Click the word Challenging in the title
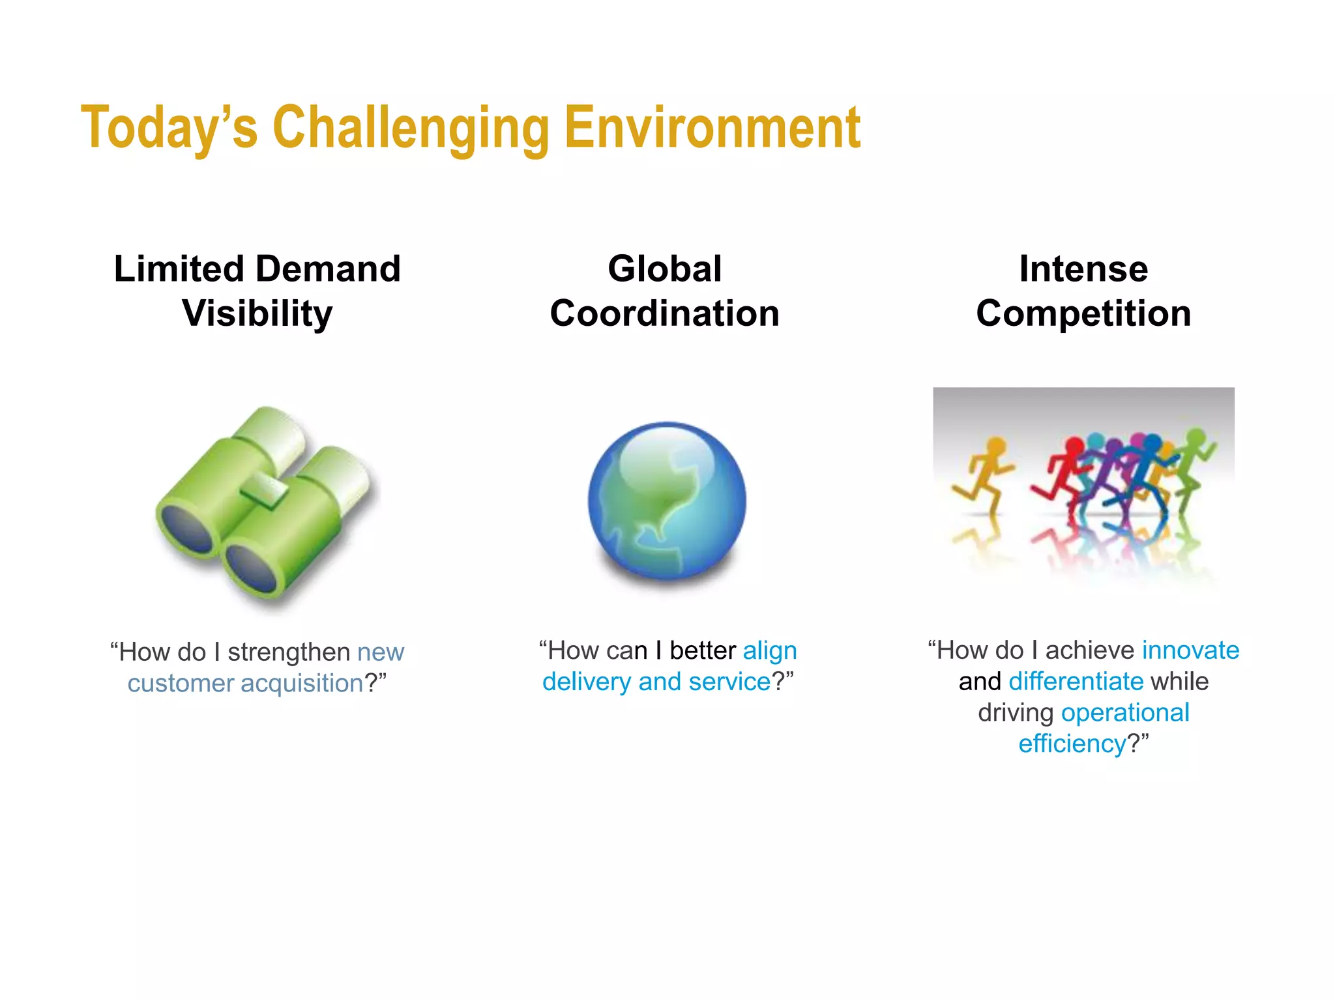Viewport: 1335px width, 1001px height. pyautogui.click(x=411, y=128)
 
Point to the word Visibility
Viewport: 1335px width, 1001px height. pyautogui.click(x=257, y=313)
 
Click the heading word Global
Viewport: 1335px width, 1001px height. pyautogui.click(x=664, y=269)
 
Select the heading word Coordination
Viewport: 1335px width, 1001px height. pyautogui.click(x=664, y=313)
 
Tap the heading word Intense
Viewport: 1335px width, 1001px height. pyautogui.click(x=1083, y=269)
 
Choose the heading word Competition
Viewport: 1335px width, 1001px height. pyautogui.click(x=1083, y=313)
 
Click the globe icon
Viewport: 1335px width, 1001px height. pyautogui.click(x=667, y=500)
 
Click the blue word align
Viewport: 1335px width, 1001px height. pyautogui.click(x=770, y=651)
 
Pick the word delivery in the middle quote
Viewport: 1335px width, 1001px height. pyautogui.click(x=587, y=682)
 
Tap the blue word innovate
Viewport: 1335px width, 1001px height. pyautogui.click(x=1190, y=650)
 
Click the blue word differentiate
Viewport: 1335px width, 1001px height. pyautogui.click(x=1076, y=682)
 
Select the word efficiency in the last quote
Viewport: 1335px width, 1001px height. pyautogui.click(x=1072, y=744)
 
